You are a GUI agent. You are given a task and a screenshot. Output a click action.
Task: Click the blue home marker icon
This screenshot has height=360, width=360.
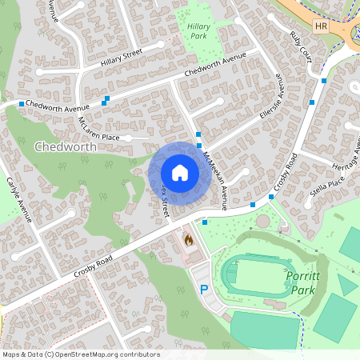tap(179, 172)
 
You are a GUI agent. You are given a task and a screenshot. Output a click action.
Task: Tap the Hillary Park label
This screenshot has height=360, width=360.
tap(198, 30)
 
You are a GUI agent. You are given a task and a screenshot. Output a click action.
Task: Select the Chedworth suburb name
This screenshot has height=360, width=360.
tap(66, 147)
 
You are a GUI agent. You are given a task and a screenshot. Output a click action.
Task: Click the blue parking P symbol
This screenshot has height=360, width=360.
tap(204, 288)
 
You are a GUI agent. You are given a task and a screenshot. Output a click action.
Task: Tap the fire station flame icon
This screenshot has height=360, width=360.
tap(189, 238)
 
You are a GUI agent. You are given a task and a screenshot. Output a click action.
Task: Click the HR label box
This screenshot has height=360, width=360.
tap(322, 26)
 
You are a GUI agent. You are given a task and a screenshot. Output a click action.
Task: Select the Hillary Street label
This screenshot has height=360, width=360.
tap(121, 57)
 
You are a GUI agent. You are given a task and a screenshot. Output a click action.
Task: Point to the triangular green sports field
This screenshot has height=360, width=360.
tap(346, 283)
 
